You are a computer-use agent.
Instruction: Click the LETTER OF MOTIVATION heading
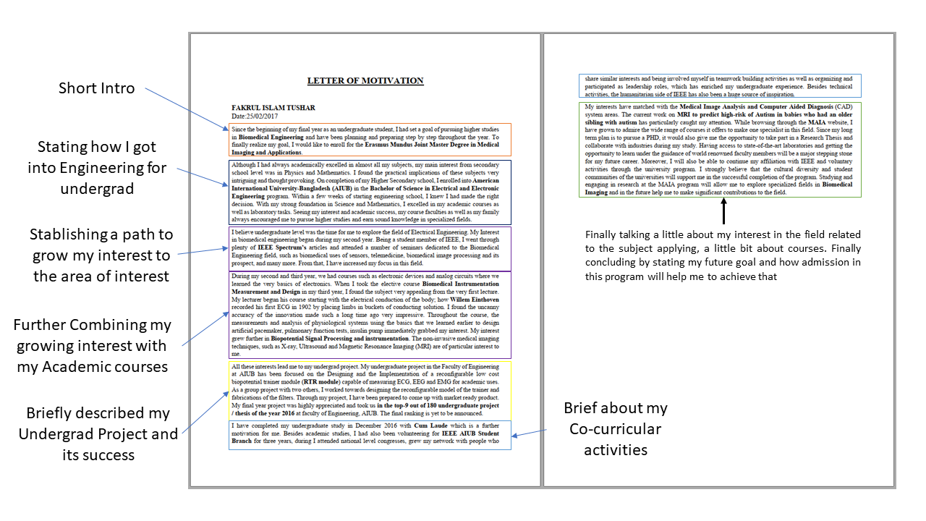[365, 81]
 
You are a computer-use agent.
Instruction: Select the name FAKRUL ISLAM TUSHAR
[273, 108]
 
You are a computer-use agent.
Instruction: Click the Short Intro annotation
[96, 88]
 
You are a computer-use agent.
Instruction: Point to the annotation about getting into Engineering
[97, 168]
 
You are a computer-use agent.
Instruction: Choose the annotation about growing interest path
[101, 255]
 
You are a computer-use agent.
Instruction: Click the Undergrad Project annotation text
[98, 433]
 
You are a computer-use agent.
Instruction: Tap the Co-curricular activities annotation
[615, 429]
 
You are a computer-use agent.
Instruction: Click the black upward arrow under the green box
[723, 213]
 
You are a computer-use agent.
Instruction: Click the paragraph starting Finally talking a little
[723, 255]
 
